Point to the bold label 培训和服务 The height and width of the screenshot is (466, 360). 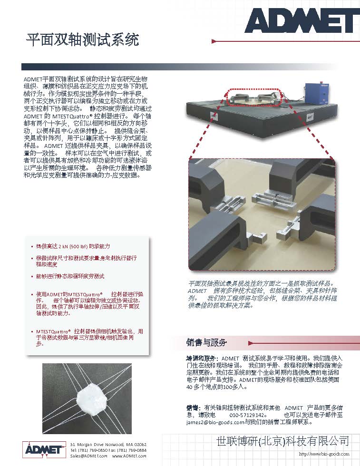click(x=202, y=358)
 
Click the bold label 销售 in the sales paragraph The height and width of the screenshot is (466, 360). click(x=193, y=408)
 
